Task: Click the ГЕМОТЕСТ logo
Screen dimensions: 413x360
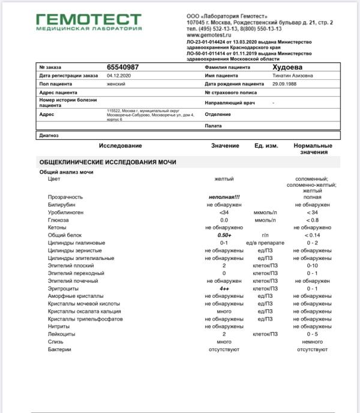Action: (x=88, y=22)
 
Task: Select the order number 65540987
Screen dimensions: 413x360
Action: (x=123, y=67)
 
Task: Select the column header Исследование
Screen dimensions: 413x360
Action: (x=121, y=146)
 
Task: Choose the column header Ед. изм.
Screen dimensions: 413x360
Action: (x=266, y=146)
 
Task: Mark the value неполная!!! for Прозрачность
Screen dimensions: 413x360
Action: (x=224, y=197)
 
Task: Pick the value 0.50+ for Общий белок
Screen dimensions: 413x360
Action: (x=224, y=235)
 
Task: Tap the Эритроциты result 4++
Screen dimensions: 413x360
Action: (x=224, y=288)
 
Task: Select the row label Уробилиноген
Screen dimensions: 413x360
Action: (x=66, y=213)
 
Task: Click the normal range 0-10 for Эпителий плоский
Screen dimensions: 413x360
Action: (x=312, y=265)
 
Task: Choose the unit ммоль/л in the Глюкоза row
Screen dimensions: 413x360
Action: (x=265, y=220)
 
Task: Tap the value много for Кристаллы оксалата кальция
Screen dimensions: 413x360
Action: (x=224, y=311)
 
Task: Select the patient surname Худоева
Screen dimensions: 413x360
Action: (x=288, y=67)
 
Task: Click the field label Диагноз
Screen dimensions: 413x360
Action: (x=49, y=136)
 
